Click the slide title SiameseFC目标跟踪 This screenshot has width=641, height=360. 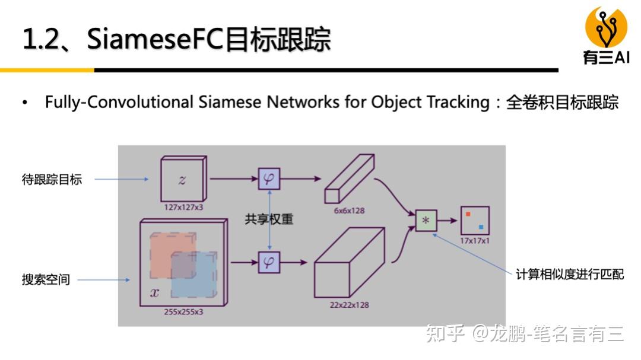point(176,40)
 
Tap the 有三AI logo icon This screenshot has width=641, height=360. point(606,27)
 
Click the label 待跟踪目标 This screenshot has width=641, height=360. point(52,179)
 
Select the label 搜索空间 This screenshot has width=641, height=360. point(46,279)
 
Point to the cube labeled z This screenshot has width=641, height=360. point(182,180)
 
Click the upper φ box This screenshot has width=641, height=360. point(269,179)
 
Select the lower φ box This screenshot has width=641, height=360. point(269,262)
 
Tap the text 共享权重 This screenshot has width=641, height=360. point(269,219)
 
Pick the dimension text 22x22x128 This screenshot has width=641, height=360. point(349,305)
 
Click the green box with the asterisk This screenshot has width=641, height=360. point(426,221)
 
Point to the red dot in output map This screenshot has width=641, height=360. point(468,214)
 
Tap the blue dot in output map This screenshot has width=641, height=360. point(480,227)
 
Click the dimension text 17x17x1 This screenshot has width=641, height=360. point(474,241)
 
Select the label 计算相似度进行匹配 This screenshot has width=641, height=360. point(569,275)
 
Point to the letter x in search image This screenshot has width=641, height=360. point(154,292)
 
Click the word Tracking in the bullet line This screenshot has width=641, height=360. point(458,102)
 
